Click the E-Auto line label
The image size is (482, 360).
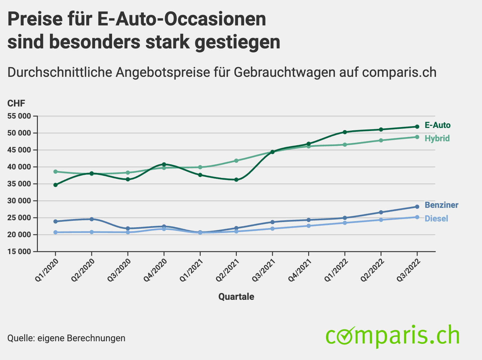[x=437, y=125]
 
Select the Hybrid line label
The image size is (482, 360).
[x=437, y=139]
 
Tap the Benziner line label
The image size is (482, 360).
[x=441, y=205]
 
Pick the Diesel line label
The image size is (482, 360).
[x=436, y=218]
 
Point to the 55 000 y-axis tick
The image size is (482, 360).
[x=19, y=116]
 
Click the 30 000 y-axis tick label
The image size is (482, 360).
[x=19, y=201]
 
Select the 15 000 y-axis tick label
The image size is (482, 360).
[x=19, y=252]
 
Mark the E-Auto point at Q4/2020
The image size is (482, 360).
[x=164, y=164]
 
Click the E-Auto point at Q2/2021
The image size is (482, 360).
[x=236, y=180]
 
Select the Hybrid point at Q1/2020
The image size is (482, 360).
[x=55, y=172]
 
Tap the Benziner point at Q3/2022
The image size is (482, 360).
[x=417, y=207]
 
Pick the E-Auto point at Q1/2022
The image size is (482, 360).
[x=345, y=132]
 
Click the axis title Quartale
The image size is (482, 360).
[x=236, y=297]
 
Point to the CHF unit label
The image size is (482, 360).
[x=16, y=103]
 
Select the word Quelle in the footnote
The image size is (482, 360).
[x=20, y=338]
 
